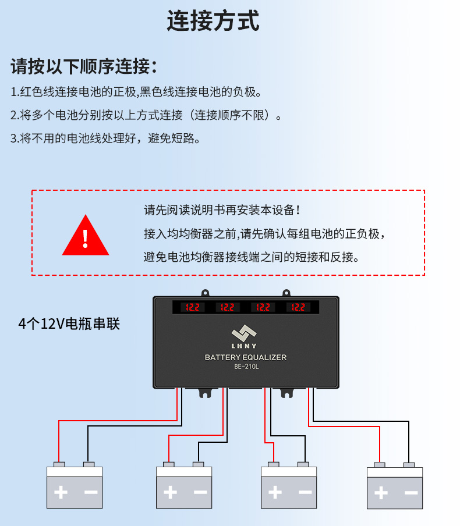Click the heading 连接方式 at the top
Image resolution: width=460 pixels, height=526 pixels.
(x=213, y=21)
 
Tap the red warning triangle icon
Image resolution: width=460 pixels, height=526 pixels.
(x=86, y=236)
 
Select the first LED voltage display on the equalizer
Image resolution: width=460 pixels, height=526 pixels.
(x=192, y=307)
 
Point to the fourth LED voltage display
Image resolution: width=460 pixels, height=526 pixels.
(x=298, y=307)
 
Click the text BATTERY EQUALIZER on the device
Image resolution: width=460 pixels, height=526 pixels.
(x=246, y=357)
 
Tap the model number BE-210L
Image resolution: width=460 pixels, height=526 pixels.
(x=246, y=367)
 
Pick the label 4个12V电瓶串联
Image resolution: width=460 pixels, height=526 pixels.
(x=69, y=324)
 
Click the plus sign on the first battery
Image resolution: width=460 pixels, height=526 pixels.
(x=60, y=492)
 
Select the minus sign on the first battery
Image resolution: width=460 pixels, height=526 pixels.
(x=90, y=492)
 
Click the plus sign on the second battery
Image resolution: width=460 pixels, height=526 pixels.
(x=170, y=492)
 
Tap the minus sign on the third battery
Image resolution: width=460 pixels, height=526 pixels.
(x=305, y=492)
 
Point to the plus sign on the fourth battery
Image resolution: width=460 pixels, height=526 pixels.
(x=380, y=493)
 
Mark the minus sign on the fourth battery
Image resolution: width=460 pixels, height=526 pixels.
(x=411, y=493)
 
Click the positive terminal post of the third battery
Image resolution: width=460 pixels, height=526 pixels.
(x=274, y=464)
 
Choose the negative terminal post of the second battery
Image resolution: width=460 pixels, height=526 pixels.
(x=199, y=464)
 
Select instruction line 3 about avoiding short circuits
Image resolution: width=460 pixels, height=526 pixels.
(x=105, y=138)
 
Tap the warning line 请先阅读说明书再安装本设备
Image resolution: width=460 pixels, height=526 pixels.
(x=222, y=209)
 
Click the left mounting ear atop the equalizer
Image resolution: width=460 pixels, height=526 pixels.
(x=205, y=294)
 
